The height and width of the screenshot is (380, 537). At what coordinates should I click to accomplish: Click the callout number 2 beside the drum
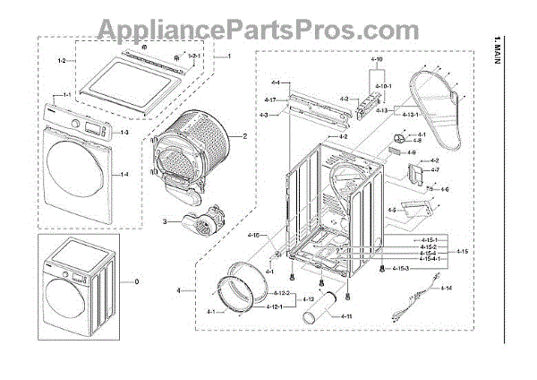243,136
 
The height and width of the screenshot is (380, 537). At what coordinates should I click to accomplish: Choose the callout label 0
137,282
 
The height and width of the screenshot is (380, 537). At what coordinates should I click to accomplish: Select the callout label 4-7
436,169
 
